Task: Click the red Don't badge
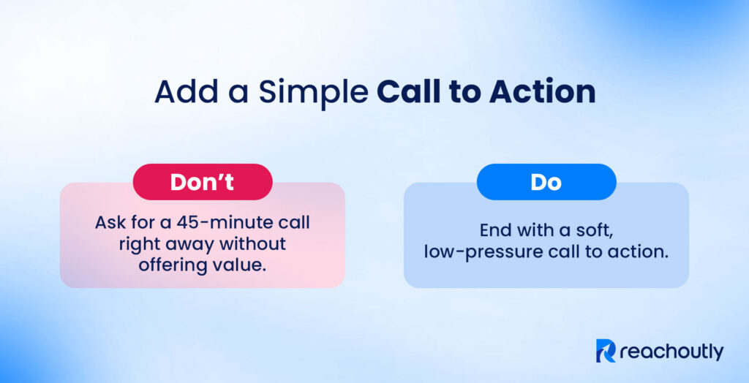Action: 202,182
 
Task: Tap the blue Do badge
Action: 546,182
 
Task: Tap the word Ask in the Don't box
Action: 110,221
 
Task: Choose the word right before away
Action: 138,243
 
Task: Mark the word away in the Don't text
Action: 190,243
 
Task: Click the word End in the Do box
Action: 496,230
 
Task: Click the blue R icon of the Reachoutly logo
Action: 606,351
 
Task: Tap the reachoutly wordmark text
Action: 671,352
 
